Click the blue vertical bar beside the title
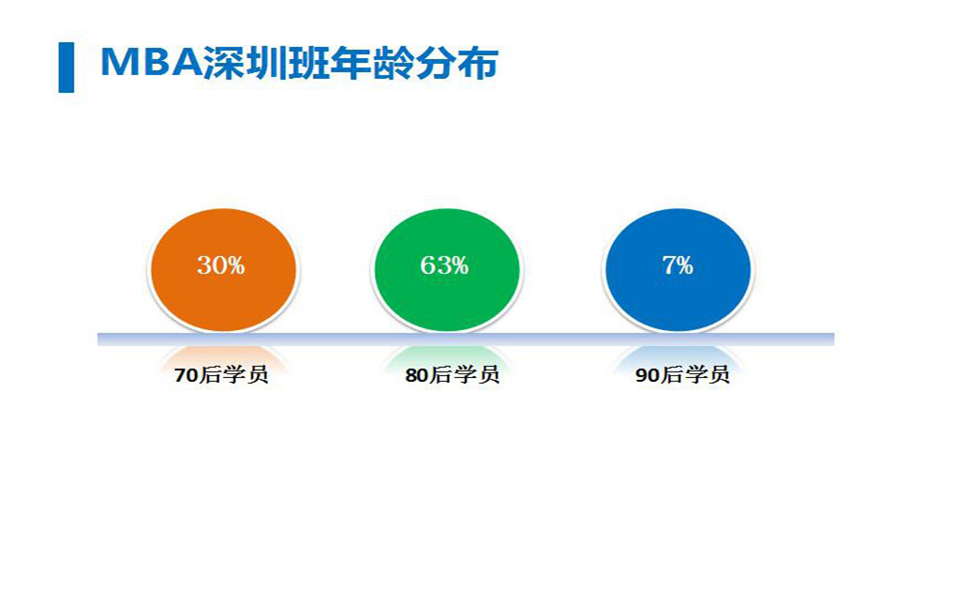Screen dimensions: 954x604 [x=67, y=68]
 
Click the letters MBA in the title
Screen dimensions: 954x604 [x=151, y=62]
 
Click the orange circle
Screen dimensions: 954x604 [x=223, y=270]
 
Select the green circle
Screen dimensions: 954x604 [x=447, y=270]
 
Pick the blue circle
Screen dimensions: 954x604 [x=678, y=270]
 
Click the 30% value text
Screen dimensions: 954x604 [x=221, y=264]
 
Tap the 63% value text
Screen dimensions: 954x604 [x=445, y=264]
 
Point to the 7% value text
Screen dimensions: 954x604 [x=678, y=264]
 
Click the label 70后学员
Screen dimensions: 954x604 [x=221, y=374]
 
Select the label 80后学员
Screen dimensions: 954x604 [x=452, y=374]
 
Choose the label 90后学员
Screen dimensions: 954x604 [x=682, y=374]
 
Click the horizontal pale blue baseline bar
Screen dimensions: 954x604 [x=466, y=340]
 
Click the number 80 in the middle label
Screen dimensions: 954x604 [x=417, y=375]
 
